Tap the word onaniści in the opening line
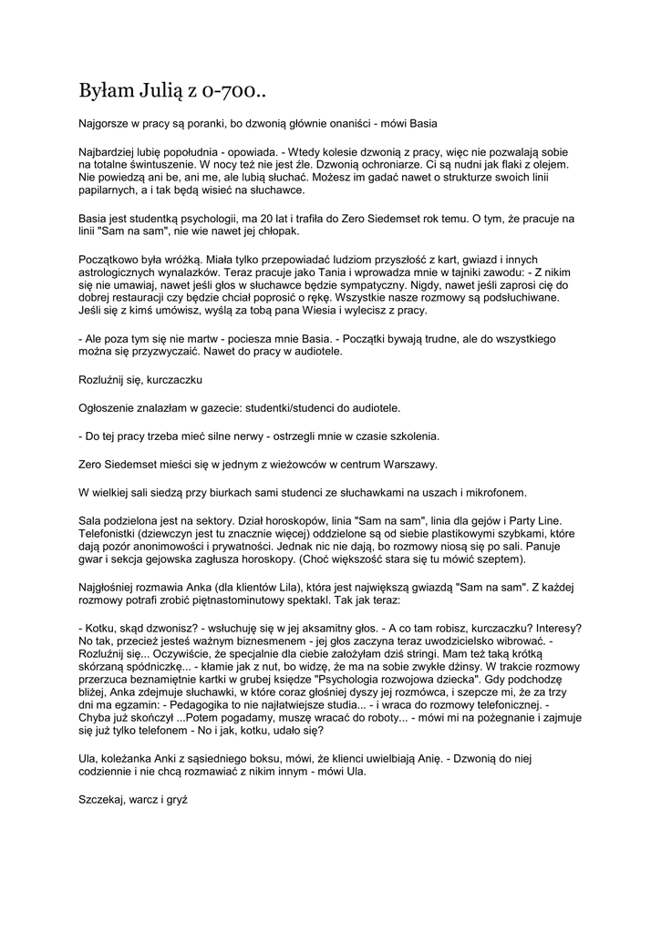(356, 123)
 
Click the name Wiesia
(302, 311)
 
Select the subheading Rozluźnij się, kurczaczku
(139, 378)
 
